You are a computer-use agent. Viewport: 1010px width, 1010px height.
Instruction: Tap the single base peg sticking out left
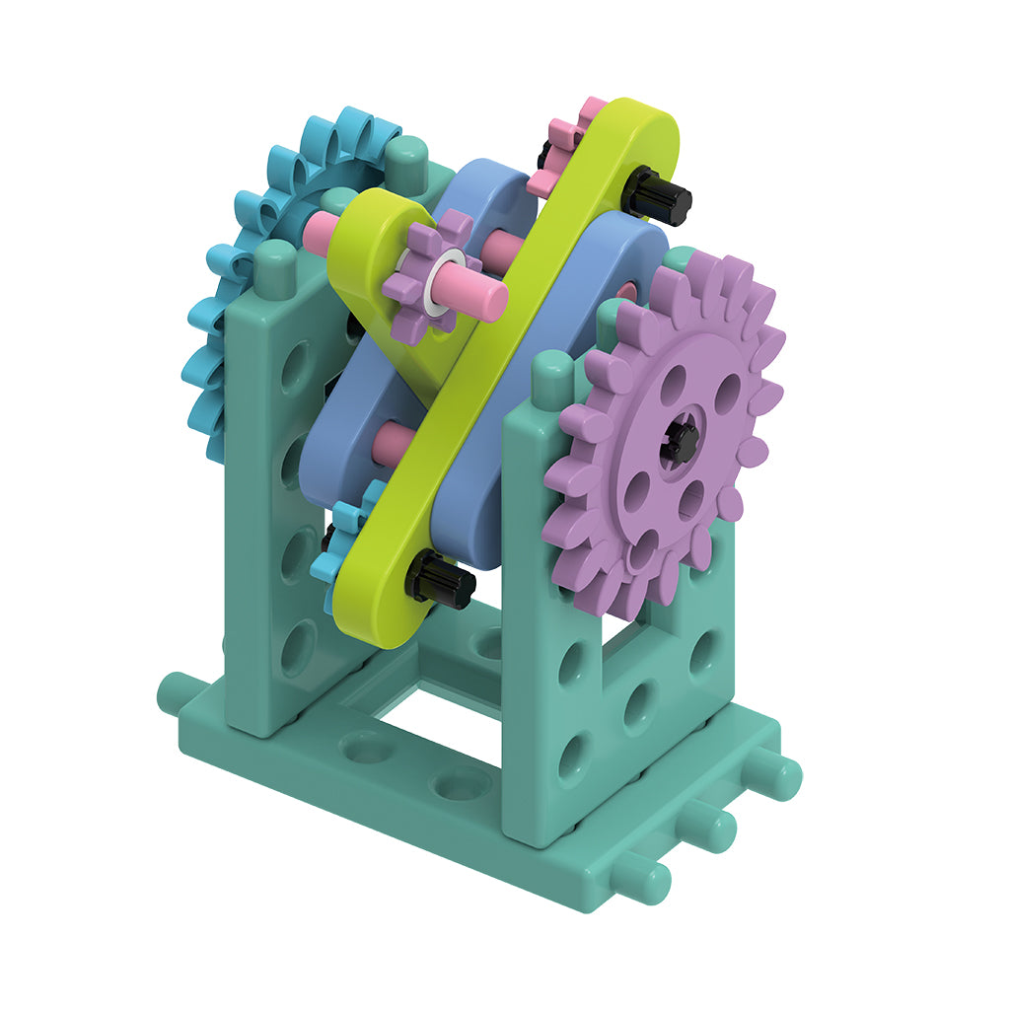176,691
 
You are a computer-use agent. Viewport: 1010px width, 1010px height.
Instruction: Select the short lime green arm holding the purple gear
370,256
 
